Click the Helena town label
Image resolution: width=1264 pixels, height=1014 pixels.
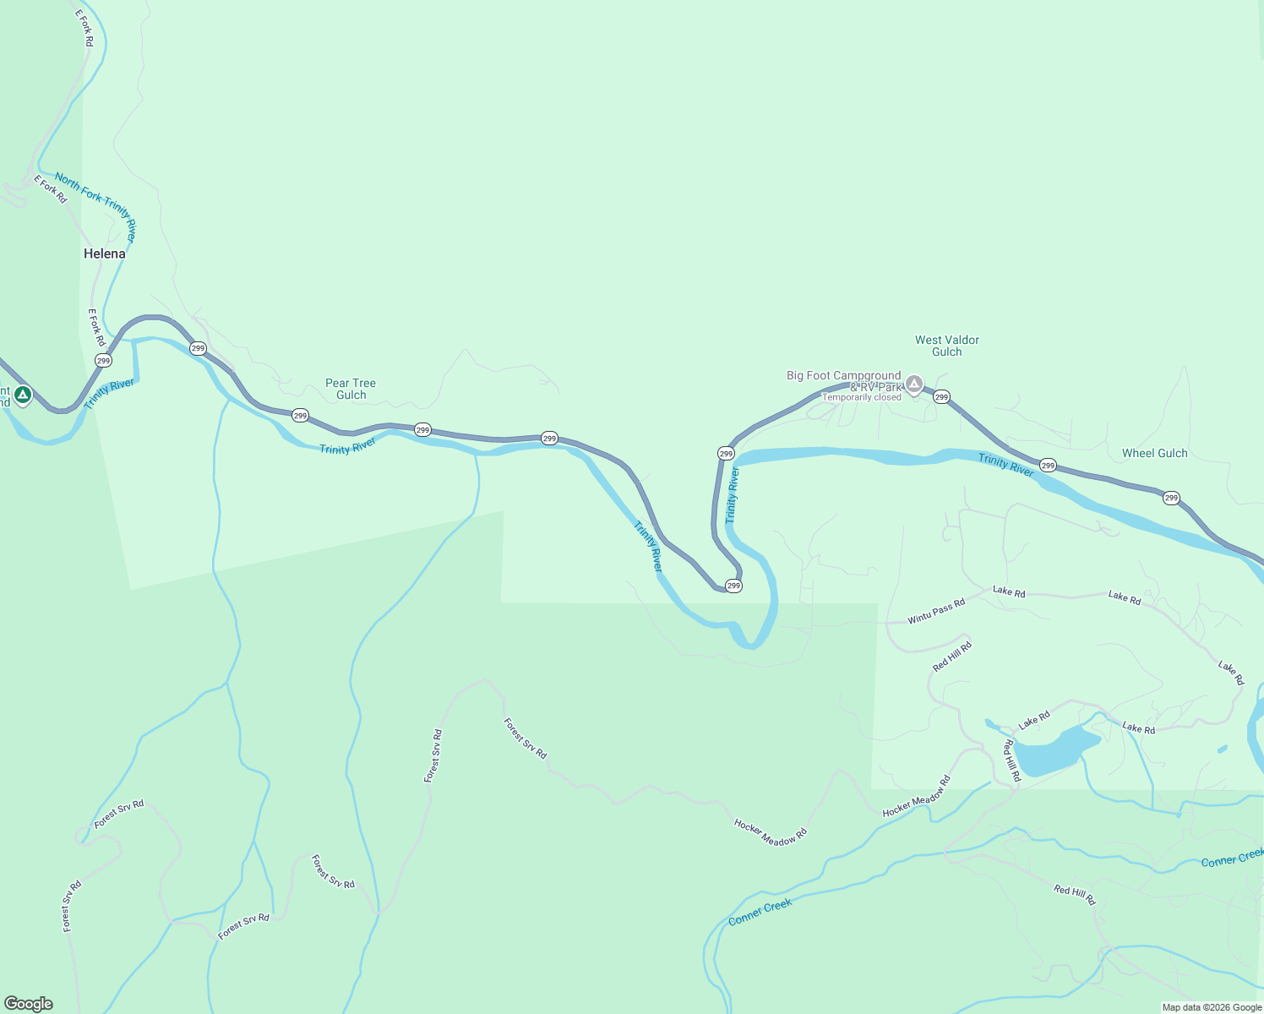[104, 253]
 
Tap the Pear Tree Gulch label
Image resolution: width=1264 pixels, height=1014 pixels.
[351, 389]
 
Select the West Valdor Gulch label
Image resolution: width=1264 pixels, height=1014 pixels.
[946, 346]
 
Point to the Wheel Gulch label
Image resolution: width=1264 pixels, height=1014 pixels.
[1154, 453]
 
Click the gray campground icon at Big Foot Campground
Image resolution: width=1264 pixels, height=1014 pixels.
[913, 384]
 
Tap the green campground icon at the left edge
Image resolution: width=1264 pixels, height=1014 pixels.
[23, 394]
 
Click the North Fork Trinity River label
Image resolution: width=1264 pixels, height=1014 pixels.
[95, 206]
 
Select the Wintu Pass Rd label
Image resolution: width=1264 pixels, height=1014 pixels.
[936, 612]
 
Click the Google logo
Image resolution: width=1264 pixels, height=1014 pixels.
[29, 1004]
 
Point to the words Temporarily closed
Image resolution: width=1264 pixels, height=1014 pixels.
[862, 397]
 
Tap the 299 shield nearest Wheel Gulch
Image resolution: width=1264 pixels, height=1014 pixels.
[1171, 498]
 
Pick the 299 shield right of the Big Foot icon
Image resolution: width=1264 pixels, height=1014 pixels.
[941, 396]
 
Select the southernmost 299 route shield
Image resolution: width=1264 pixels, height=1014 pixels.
[733, 586]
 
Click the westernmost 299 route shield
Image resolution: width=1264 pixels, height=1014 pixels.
[103, 360]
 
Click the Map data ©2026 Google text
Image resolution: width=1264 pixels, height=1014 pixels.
[1212, 1007]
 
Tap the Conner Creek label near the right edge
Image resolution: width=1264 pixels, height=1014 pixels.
[1232, 859]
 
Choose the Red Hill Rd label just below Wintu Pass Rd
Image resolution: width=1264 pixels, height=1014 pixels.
[952, 657]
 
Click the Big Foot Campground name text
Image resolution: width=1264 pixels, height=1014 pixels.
[843, 375]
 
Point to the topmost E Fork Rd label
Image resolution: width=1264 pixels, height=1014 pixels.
[84, 28]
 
